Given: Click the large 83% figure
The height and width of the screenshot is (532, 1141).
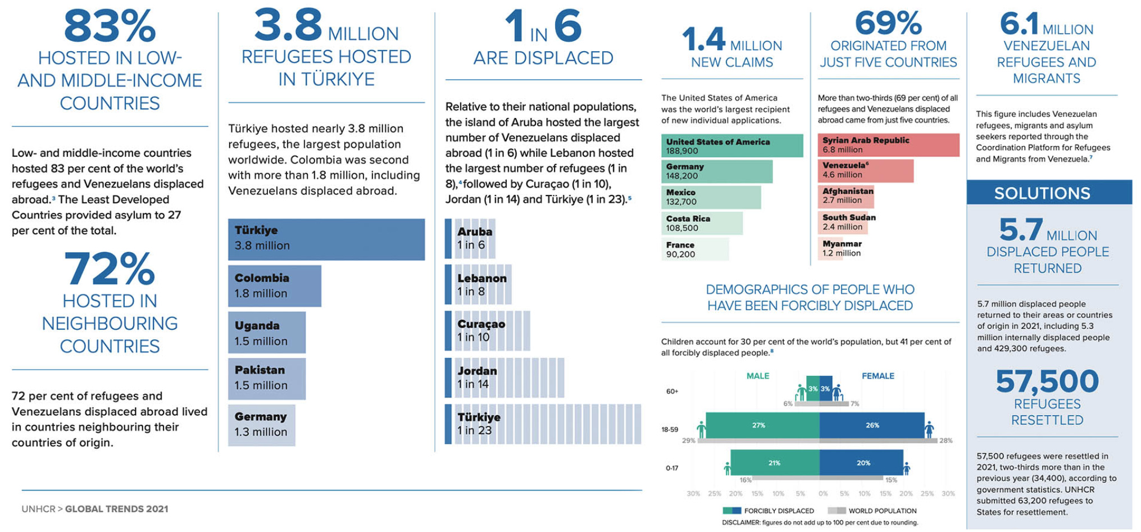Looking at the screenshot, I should click(110, 26).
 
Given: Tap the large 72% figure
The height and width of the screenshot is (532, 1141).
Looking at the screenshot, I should click(110, 269).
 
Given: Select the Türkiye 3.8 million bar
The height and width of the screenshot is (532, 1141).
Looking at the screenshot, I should click(326, 239).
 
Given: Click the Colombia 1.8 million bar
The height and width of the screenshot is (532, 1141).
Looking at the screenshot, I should click(274, 286).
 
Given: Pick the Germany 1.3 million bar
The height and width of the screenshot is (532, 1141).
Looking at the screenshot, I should click(261, 425).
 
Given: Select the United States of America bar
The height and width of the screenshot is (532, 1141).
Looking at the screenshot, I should click(731, 146).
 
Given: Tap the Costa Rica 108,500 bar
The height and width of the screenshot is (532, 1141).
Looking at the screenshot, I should click(701, 223).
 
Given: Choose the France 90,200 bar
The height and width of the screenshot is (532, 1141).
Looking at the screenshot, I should click(694, 249).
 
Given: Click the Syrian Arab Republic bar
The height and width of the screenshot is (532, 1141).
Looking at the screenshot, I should click(888, 145).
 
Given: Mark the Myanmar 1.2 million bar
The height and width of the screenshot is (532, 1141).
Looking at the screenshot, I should click(841, 248).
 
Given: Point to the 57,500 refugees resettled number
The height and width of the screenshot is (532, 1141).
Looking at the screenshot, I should click(1047, 381).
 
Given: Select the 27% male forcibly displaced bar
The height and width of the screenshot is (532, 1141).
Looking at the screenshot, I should click(762, 425).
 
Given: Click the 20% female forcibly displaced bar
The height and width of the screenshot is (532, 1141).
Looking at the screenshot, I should click(861, 463).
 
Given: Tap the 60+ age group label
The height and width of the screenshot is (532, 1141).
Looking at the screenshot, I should click(672, 392).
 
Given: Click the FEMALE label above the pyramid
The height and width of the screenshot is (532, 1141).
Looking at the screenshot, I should click(878, 376).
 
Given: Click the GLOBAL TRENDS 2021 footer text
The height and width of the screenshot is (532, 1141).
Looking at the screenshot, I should click(117, 509).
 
